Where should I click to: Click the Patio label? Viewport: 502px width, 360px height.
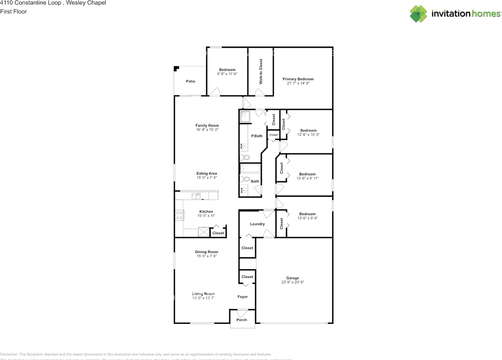pyautogui.click(x=191, y=81)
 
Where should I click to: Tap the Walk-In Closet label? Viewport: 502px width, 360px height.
pyautogui.click(x=261, y=72)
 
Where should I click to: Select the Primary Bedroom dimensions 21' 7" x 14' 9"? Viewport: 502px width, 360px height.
pyautogui.click(x=298, y=84)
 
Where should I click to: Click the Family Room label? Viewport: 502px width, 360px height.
pyautogui.click(x=207, y=125)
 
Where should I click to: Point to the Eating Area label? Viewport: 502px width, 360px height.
pyautogui.click(x=207, y=173)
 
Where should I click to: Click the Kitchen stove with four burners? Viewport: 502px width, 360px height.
pyautogui.click(x=180, y=215)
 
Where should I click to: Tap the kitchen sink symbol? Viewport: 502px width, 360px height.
pyautogui.click(x=196, y=195)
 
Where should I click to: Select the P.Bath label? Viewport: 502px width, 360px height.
pyautogui.click(x=257, y=136)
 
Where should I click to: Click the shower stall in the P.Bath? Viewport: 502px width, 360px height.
pyautogui.click(x=245, y=116)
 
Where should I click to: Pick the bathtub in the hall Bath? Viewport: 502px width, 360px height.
pyautogui.click(x=250, y=169)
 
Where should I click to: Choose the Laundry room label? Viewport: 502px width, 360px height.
pyautogui.click(x=257, y=224)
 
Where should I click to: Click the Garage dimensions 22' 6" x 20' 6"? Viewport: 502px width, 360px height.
pyautogui.click(x=293, y=282)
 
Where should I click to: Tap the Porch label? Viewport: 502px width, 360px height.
pyautogui.click(x=242, y=320)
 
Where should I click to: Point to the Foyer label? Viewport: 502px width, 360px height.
pyautogui.click(x=243, y=297)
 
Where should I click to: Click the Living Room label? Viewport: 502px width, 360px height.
pyautogui.click(x=203, y=294)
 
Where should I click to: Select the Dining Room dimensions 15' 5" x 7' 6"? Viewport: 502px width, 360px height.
pyautogui.click(x=207, y=256)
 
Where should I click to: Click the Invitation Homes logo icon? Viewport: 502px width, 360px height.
pyautogui.click(x=419, y=14)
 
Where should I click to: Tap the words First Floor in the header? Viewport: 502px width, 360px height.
pyautogui.click(x=14, y=11)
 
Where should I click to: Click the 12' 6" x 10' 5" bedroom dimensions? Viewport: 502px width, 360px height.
pyautogui.click(x=308, y=135)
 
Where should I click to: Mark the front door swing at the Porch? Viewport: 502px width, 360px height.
pyautogui.click(x=242, y=313)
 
